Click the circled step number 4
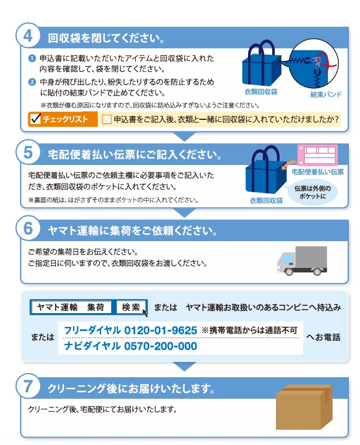pyautogui.click(x=28, y=36)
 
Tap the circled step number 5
pyautogui.click(x=28, y=152)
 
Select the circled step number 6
pyautogui.click(x=28, y=228)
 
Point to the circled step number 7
pyautogui.click(x=28, y=386)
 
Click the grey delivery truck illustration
pyautogui.click(x=302, y=261)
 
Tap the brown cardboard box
pyautogui.click(x=304, y=407)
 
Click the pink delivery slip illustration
pyautogui.click(x=317, y=155)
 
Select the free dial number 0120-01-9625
pyautogui.click(x=161, y=330)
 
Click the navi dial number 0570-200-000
pyautogui.click(x=161, y=346)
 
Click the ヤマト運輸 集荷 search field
pyautogui.click(x=71, y=307)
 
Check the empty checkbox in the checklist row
pyautogui.click(x=107, y=119)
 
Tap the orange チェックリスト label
pyautogui.click(x=63, y=119)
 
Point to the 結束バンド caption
pyautogui.click(x=326, y=95)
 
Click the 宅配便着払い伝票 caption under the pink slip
pyautogui.click(x=317, y=172)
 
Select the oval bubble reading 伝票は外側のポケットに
pyautogui.click(x=312, y=192)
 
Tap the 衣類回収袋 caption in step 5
pyautogui.click(x=266, y=201)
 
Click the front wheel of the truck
pyautogui.click(x=289, y=272)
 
